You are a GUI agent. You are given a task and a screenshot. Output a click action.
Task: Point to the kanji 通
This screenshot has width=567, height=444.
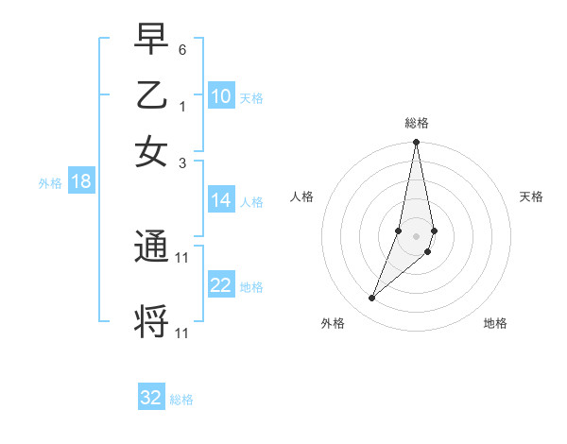[x=151, y=248]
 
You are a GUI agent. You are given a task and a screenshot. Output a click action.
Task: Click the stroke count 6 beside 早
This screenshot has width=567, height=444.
[x=182, y=49]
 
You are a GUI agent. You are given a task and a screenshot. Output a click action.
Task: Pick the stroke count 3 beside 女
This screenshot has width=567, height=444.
[x=182, y=162]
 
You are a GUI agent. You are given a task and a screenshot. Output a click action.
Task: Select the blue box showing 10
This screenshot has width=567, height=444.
[x=221, y=96]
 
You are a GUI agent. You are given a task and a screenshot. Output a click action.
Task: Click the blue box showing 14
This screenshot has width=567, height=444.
[x=221, y=200]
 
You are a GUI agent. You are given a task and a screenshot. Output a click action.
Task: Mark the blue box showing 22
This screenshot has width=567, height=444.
[x=221, y=285]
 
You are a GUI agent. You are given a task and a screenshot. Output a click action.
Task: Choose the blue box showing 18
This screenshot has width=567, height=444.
[x=81, y=182]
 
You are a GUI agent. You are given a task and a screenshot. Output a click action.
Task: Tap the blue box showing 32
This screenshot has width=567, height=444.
[x=151, y=398]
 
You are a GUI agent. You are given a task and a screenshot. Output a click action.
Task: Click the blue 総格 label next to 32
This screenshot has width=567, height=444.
[x=181, y=400]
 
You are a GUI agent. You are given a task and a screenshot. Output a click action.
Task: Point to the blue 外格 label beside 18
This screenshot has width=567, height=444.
[x=50, y=183]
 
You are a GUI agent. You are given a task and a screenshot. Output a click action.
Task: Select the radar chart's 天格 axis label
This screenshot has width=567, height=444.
[x=531, y=196]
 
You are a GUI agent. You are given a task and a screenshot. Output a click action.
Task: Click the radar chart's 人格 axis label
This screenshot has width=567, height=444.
[x=302, y=196]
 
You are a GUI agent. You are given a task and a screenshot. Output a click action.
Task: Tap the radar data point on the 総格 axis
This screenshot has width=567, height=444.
[x=416, y=143]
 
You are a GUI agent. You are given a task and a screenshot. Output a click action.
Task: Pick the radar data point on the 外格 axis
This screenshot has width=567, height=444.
[x=372, y=298]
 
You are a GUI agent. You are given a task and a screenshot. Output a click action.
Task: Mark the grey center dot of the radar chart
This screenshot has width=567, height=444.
[x=416, y=235]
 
